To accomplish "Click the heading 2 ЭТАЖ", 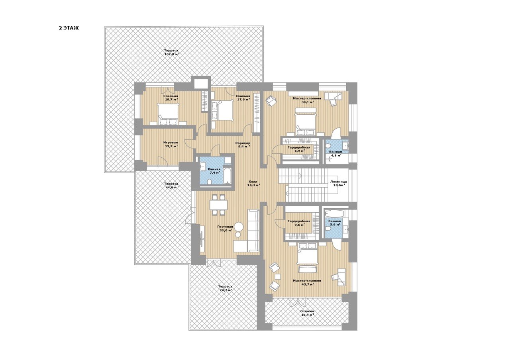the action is (69, 28).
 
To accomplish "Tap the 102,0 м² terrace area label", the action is (172, 55).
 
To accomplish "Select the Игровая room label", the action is (171, 143).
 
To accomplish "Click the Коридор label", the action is (243, 143).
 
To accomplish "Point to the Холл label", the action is (253, 182).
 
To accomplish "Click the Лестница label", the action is (339, 182).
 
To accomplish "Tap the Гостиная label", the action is (225, 227).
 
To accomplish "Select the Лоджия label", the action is (307, 311).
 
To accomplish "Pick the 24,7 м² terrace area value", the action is (225, 290).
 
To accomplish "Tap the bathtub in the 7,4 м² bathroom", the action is (228, 176).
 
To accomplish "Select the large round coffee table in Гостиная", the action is (239, 227).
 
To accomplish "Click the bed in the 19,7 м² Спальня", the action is (168, 114).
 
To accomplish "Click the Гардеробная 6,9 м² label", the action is (299, 149).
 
